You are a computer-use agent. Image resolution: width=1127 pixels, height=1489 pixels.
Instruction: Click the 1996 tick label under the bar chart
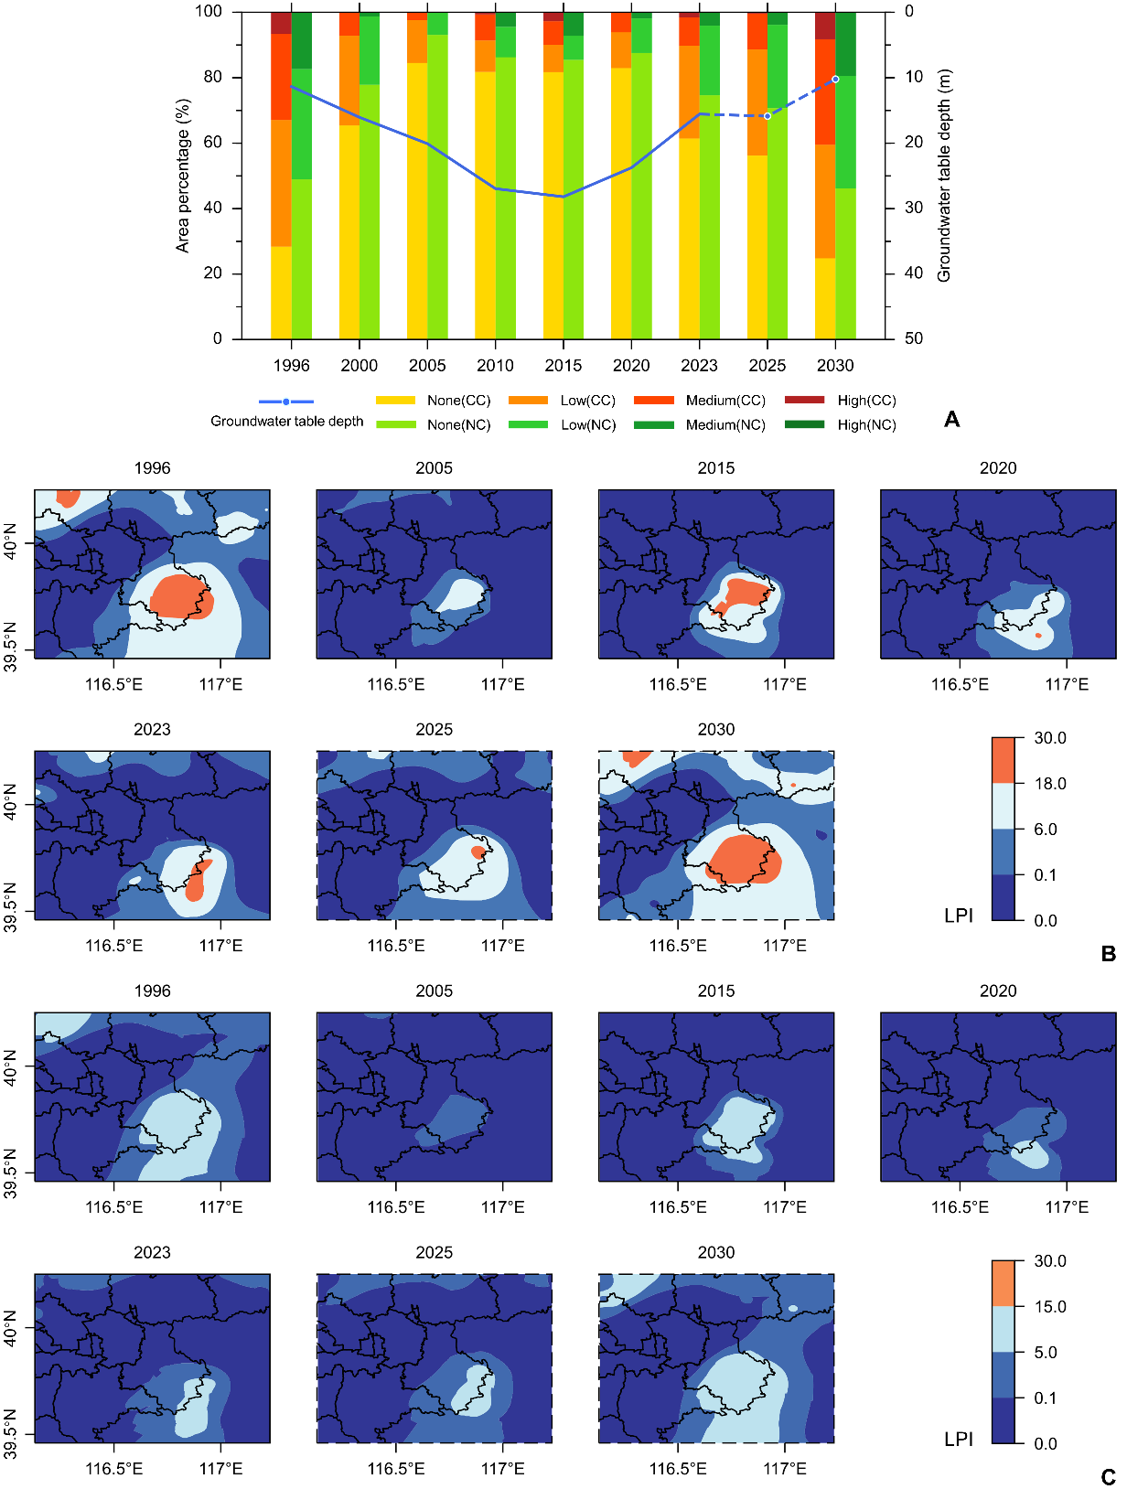point(291,366)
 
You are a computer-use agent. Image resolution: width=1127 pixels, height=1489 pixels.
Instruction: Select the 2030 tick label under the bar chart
point(834,366)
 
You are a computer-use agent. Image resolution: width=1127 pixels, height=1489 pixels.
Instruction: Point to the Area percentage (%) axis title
point(183,177)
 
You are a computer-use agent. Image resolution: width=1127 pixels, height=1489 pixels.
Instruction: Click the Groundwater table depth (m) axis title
point(944,176)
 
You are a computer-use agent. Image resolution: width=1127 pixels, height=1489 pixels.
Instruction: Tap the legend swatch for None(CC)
point(395,401)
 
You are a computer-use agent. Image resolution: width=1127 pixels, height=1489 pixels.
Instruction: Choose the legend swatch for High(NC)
point(804,424)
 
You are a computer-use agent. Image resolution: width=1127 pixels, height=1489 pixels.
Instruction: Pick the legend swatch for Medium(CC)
point(653,401)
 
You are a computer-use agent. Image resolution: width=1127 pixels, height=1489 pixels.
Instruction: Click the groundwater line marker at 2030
point(835,80)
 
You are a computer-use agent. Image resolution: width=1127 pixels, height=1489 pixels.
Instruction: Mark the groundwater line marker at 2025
point(767,116)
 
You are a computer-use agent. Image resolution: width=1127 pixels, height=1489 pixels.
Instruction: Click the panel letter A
point(952,420)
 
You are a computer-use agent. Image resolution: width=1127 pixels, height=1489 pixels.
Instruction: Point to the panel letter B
point(1109,954)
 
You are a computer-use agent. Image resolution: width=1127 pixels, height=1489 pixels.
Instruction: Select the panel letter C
point(1109,1477)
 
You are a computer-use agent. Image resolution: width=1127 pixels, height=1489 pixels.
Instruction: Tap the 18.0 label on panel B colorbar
point(1050,784)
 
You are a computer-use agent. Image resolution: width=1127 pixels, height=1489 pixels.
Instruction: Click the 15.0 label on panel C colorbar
point(1050,1307)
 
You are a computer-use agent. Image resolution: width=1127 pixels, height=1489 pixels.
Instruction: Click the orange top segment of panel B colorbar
point(1004,760)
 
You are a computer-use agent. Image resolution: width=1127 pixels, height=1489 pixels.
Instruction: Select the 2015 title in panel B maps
point(715,468)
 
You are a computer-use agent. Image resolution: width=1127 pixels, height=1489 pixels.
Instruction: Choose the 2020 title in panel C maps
point(997,991)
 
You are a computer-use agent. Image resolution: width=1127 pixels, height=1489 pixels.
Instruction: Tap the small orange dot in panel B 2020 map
point(1038,636)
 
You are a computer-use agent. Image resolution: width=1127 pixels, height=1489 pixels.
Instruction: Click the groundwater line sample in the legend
point(286,402)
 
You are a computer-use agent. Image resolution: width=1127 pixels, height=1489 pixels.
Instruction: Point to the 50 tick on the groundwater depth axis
point(913,338)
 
